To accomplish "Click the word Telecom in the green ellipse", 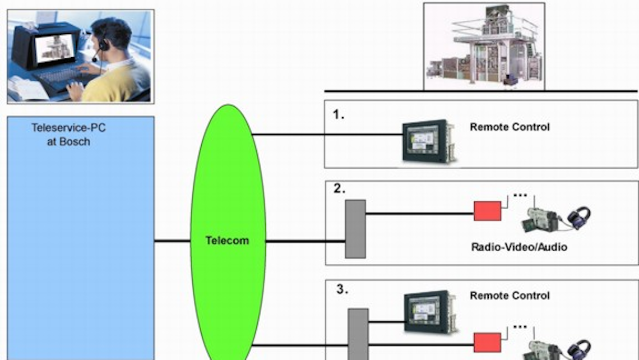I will click(x=227, y=241).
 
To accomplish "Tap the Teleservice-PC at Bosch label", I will click(x=68, y=135).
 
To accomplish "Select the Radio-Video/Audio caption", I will click(x=519, y=246).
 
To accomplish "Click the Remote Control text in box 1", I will click(x=510, y=127).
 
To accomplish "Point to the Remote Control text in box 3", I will click(x=510, y=296).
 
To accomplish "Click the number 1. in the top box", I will click(x=338, y=115).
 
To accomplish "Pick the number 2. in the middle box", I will click(x=340, y=189).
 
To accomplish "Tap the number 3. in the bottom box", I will click(x=342, y=290).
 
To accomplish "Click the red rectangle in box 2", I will click(x=487, y=211).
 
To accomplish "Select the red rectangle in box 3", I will click(x=487, y=342).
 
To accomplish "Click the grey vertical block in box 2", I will click(x=355, y=229).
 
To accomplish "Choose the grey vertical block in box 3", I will click(x=359, y=334).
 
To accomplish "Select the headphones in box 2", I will click(x=578, y=218).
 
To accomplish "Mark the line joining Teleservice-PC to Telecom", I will click(x=173, y=241).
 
